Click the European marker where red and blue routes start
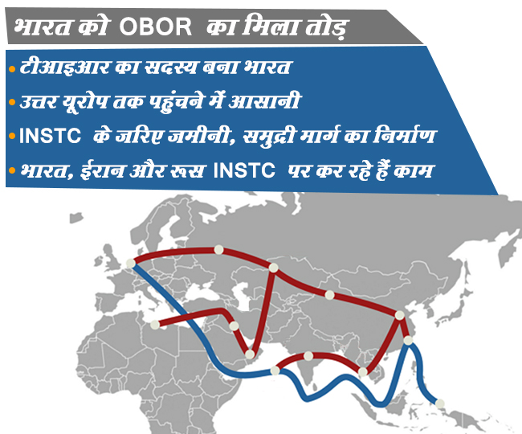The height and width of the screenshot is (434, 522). click(x=132, y=262)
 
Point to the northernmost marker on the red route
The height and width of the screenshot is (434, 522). click(x=217, y=249)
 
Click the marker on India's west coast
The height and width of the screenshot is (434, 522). click(x=275, y=371)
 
